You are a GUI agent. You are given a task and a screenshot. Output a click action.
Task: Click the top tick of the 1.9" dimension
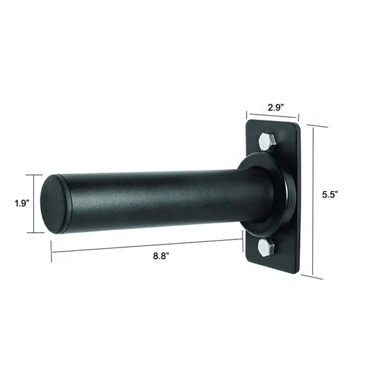click(x=35, y=175)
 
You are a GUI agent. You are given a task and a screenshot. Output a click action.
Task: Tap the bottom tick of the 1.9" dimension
click(x=35, y=232)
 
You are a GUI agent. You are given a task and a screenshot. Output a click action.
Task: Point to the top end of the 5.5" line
click(x=314, y=125)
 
